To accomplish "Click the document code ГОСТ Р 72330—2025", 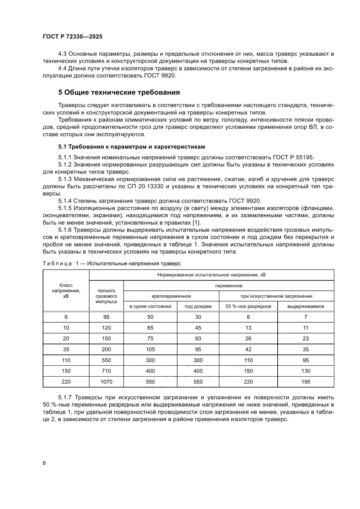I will point(73,37).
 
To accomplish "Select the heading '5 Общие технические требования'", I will point(119,92).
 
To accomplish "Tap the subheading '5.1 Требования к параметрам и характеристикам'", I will point(131,146).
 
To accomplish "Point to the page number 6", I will point(44,463).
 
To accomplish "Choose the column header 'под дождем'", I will point(198,306).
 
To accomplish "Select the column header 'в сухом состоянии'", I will point(150,306).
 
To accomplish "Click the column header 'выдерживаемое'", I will point(306,306).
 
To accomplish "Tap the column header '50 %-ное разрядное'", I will point(248,306).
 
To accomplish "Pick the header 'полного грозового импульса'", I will point(106,296).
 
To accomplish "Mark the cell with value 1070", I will point(106,381).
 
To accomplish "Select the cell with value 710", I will point(106,371).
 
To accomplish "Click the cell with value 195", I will point(306,381).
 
